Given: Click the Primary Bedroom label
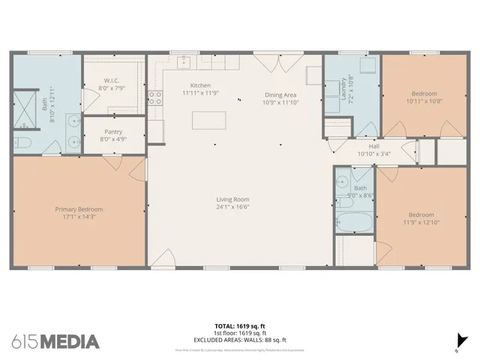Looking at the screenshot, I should tap(79, 209).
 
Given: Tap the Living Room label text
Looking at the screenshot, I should tap(232, 199).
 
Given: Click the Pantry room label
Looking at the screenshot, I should tap(113, 131).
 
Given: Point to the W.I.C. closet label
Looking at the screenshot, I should tap(112, 81).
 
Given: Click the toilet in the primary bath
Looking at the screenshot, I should tap(22, 142).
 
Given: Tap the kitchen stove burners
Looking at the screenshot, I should tap(155, 97).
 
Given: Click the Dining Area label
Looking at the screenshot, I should tap(280, 95).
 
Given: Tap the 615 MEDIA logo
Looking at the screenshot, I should tap(55, 342).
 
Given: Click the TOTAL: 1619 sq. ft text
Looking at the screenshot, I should tap(239, 326).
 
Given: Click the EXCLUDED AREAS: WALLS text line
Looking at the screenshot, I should tap(239, 340).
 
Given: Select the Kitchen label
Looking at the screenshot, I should tap(200, 85).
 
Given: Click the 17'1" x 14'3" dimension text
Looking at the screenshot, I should tap(79, 217).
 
